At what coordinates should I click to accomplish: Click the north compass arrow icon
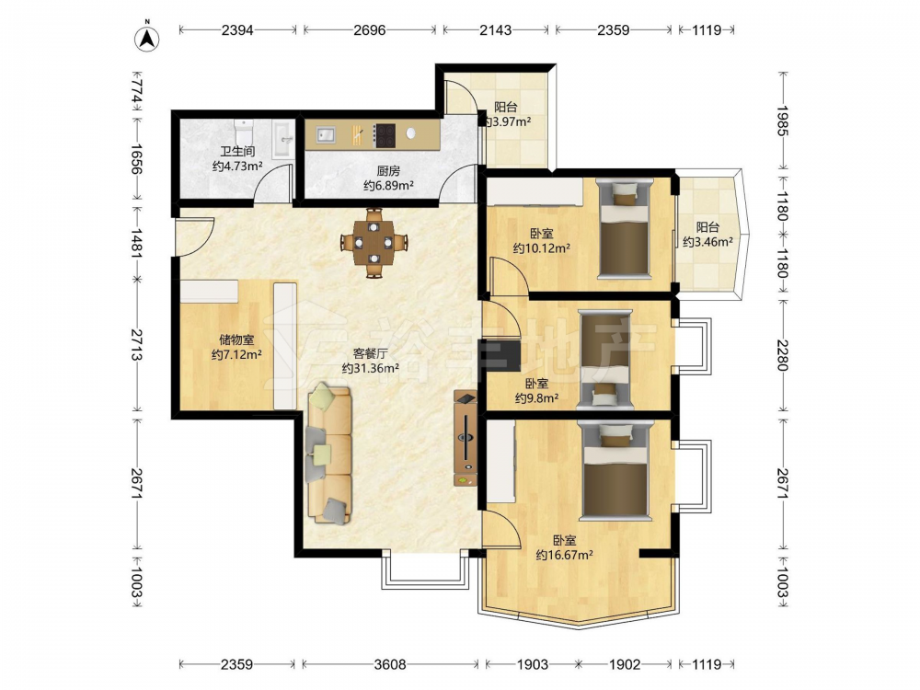pos(148,37)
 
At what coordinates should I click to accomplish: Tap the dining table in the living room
pos(374,242)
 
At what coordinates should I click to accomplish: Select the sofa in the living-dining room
pos(328,453)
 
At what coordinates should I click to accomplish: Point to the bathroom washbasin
pos(284,139)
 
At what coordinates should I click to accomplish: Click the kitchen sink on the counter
pos(326,135)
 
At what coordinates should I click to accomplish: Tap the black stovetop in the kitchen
pos(385,135)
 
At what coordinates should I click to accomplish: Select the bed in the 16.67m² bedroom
pos(615,470)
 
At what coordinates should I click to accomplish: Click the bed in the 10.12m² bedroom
pos(625,229)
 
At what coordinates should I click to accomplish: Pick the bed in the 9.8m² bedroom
pos(605,359)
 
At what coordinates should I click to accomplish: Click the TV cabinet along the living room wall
pos(466,437)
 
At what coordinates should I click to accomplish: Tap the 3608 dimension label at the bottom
pos(390,664)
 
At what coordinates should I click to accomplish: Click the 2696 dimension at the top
pos(370,29)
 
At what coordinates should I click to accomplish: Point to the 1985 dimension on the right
pos(783,121)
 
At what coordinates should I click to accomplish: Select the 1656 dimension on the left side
pos(135,159)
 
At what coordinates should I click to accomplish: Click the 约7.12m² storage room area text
pos(236,354)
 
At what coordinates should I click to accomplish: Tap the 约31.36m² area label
pos(371,368)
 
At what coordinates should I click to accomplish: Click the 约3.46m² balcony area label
pos(707,241)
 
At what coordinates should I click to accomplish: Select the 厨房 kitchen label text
pos(388,171)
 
